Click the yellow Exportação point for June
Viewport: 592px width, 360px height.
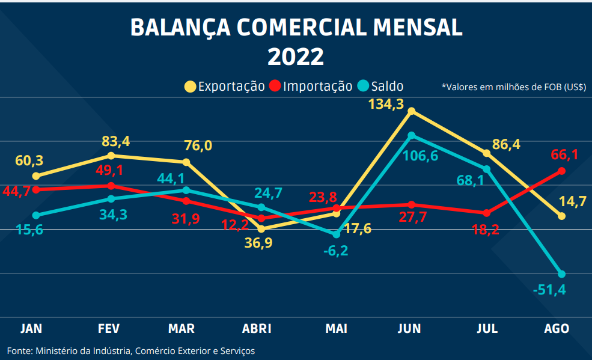[411, 111]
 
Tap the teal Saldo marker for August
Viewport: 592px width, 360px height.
[561, 274]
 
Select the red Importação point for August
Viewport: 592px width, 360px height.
[561, 171]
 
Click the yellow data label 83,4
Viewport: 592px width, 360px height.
[115, 142]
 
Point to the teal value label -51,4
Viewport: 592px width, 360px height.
[549, 290]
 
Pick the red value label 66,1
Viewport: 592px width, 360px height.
[564, 155]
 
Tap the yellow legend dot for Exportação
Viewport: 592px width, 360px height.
[190, 87]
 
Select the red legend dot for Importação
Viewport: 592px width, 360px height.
[275, 87]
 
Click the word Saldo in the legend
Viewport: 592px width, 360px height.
[387, 87]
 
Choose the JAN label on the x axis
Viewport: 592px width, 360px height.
[31, 329]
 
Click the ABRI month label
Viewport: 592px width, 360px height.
[257, 329]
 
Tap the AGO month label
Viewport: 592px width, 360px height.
[556, 329]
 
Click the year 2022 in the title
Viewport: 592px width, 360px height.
[296, 56]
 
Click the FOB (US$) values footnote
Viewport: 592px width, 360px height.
[513, 87]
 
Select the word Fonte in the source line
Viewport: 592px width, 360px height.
[19, 350]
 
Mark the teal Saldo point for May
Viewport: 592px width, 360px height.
[337, 234]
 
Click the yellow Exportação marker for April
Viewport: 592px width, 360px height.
[261, 229]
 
